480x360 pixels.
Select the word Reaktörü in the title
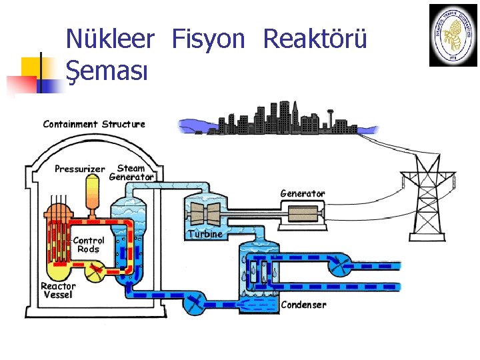(315, 39)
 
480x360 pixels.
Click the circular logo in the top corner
(453, 35)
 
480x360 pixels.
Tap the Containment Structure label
(94, 124)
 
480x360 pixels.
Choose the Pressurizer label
(80, 169)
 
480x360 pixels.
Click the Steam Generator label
(131, 173)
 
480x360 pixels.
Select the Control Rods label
(88, 245)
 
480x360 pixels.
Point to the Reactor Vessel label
(59, 290)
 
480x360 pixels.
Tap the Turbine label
(205, 234)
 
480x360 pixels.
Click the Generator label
(303, 193)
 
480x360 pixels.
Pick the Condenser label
(304, 305)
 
